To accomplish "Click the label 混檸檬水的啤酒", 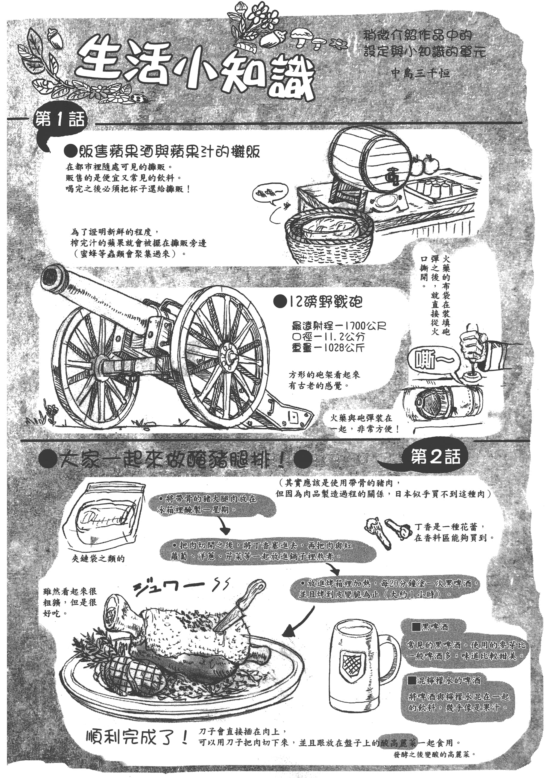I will (x=444, y=680).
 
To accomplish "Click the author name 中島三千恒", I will (x=420, y=72).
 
